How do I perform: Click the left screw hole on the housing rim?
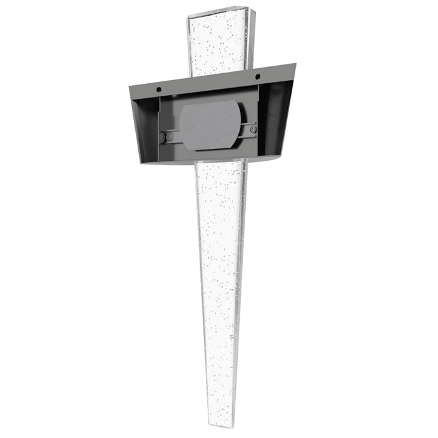tap(159, 87)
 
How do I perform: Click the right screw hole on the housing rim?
tap(257, 76)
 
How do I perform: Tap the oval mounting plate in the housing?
tap(210, 126)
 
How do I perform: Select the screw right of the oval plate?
tap(252, 130)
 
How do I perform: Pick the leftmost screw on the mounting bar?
tap(163, 136)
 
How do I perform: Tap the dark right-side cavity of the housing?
tap(275, 119)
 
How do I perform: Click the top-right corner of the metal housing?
tap(296, 63)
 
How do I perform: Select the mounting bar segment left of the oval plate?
tap(172, 136)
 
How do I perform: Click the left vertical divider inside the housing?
tap(158, 128)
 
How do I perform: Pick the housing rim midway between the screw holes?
tap(208, 82)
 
